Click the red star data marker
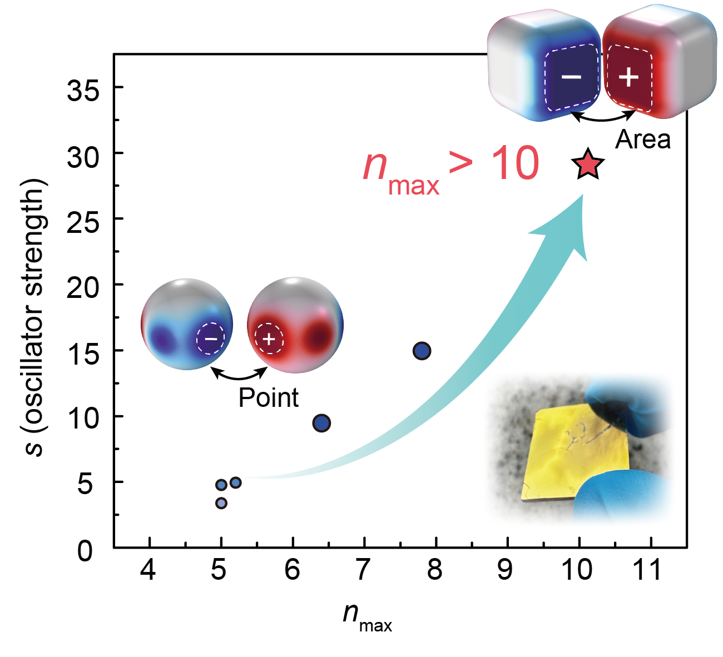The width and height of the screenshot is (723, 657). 588,165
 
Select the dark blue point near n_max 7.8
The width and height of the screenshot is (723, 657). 422,351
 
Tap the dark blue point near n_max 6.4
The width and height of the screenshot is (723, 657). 321,423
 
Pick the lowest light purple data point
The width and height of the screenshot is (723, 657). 221,503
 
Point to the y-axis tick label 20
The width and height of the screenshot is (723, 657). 83,287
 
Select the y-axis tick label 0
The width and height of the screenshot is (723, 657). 85,551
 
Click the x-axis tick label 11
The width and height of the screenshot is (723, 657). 648,570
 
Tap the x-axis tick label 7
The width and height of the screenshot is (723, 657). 363,570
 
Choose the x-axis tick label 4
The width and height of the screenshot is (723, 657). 148,570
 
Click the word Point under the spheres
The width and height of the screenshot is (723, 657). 269,398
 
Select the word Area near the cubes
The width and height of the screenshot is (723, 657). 643,140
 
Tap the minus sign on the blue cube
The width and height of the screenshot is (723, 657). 571,76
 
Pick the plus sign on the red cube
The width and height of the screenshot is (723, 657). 628,77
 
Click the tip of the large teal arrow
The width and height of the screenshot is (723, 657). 582,196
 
